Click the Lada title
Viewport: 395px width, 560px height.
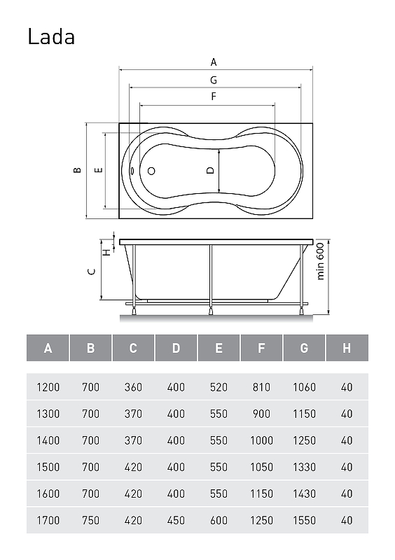point(51,37)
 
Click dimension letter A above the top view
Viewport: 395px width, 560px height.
point(214,62)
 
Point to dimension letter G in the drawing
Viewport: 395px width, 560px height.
point(214,80)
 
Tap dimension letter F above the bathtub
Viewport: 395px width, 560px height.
point(214,97)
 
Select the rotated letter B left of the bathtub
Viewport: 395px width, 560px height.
point(77,170)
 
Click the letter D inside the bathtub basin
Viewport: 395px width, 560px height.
point(211,170)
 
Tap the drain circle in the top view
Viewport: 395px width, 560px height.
point(151,171)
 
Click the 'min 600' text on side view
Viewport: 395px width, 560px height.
point(320,261)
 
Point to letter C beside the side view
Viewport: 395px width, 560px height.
point(92,272)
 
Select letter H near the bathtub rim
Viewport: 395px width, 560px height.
point(106,253)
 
